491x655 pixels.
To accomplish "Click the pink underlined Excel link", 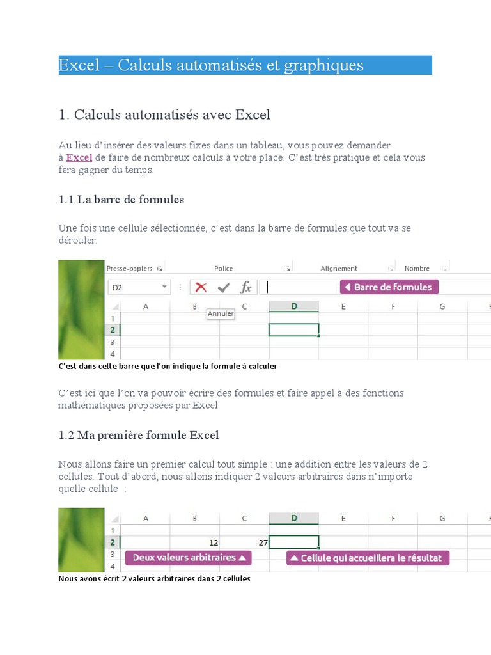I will (79, 157).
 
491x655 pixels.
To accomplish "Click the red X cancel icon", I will (201, 287).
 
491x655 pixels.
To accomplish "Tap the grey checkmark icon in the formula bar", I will (223, 287).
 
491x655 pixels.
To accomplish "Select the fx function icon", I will (245, 287).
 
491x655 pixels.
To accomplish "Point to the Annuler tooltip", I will (221, 313).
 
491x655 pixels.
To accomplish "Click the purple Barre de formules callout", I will (389, 287).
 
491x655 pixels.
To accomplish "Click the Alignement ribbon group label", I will (339, 269).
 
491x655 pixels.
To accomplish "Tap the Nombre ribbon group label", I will (417, 269).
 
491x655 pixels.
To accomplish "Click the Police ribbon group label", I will (224, 269).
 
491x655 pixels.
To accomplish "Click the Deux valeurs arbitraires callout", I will (189, 558).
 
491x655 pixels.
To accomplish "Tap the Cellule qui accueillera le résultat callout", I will (368, 558).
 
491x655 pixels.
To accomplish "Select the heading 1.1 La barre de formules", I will (121, 200).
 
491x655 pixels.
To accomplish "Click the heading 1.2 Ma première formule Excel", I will (138, 435).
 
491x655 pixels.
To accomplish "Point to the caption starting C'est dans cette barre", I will (168, 367).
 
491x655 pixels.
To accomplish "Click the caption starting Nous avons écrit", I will (154, 578).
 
